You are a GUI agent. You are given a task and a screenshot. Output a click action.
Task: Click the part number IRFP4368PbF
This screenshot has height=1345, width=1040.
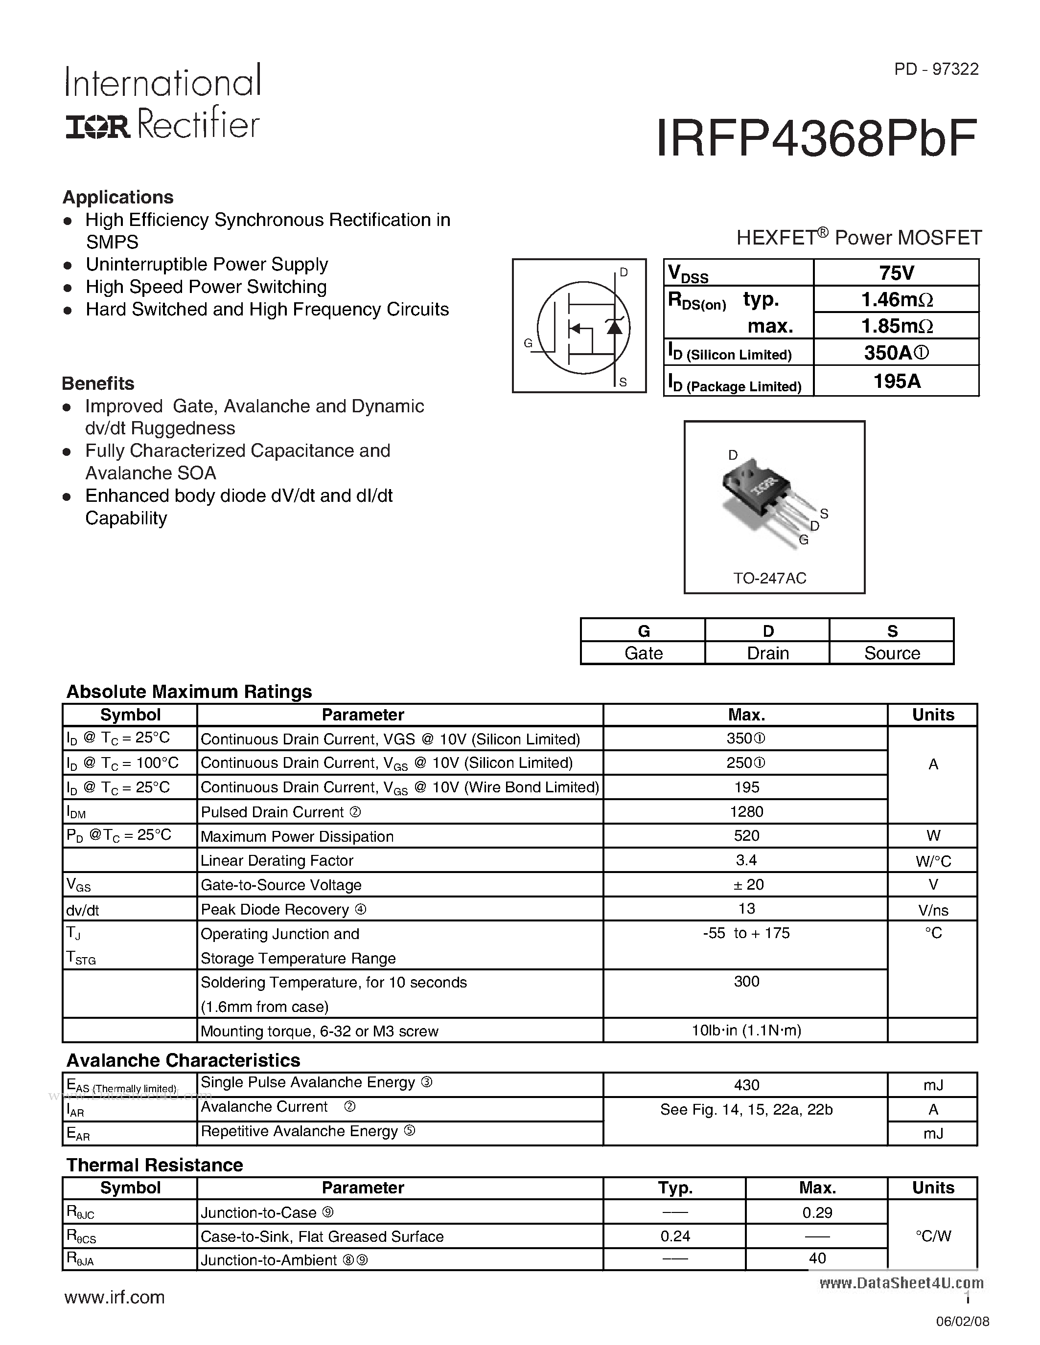[x=816, y=139]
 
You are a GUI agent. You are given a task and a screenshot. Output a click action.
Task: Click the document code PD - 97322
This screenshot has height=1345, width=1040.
[x=936, y=69]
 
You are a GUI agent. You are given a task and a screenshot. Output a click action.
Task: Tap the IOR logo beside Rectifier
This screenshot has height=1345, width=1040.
[x=97, y=127]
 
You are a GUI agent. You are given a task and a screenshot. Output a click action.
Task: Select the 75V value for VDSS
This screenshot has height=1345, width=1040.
[x=897, y=273]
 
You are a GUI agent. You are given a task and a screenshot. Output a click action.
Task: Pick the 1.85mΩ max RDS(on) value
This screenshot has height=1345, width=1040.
[x=897, y=326]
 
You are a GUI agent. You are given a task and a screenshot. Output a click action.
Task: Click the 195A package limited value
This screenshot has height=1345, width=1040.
[x=897, y=381]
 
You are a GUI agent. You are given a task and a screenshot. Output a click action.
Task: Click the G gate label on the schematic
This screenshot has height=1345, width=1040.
[x=528, y=343]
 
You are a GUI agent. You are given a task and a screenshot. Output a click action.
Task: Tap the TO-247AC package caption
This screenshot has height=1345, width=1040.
[x=769, y=578]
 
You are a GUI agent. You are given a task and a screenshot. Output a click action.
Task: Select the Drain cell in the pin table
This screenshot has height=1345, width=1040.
[x=768, y=653]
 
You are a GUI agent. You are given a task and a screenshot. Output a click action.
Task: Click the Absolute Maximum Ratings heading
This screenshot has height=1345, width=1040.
[x=189, y=692]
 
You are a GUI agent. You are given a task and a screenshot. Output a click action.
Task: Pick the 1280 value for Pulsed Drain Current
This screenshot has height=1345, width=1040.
[x=746, y=812]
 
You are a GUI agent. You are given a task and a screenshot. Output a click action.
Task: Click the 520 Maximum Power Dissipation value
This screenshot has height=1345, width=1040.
[x=746, y=836]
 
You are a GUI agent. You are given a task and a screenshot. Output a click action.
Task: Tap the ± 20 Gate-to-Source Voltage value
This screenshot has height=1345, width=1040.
[x=748, y=884]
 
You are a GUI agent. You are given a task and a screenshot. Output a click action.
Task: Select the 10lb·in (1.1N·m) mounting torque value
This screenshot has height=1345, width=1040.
[x=746, y=1031]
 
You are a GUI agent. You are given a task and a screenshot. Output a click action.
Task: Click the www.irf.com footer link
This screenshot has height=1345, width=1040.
[x=115, y=1297]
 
